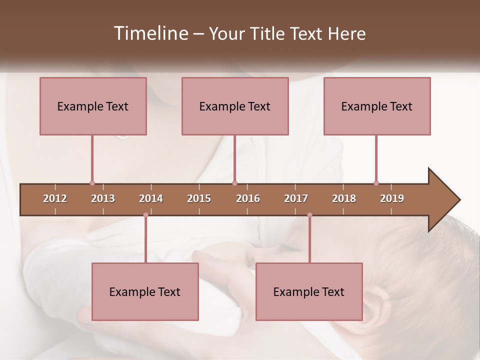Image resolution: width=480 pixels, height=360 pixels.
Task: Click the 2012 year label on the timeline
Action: [x=55, y=198]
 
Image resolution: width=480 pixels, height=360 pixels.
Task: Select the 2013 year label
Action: [x=103, y=198]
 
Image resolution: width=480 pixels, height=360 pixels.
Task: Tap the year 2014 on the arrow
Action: [x=151, y=198]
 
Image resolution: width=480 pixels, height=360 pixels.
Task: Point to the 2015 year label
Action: [x=199, y=198]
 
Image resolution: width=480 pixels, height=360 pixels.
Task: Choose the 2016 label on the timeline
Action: [x=248, y=198]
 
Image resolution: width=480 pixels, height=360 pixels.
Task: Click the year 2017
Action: [x=296, y=198]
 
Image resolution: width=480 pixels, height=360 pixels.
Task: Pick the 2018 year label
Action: [x=344, y=198]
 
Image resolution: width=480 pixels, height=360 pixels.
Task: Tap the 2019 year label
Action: [x=392, y=198]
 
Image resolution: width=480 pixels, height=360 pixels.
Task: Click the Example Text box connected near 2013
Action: [x=93, y=106]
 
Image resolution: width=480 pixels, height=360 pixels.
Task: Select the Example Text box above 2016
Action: [x=235, y=106]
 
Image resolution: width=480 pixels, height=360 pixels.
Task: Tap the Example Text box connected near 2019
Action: [x=377, y=106]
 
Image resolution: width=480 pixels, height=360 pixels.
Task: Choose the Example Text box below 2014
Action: [x=145, y=291]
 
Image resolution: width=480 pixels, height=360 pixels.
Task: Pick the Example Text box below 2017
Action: [x=309, y=291]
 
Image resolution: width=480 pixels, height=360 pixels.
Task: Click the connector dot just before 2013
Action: [x=92, y=183]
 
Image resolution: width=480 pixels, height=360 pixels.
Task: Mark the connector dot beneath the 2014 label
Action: [x=145, y=215]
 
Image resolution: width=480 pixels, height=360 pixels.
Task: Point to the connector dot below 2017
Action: [x=309, y=215]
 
